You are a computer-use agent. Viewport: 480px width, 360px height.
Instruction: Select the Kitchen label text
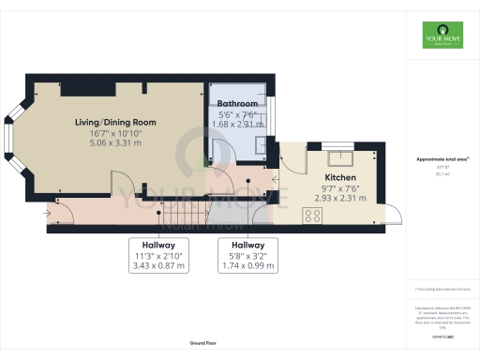tap(341, 177)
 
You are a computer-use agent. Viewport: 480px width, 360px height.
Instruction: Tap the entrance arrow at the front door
tap(47, 214)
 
